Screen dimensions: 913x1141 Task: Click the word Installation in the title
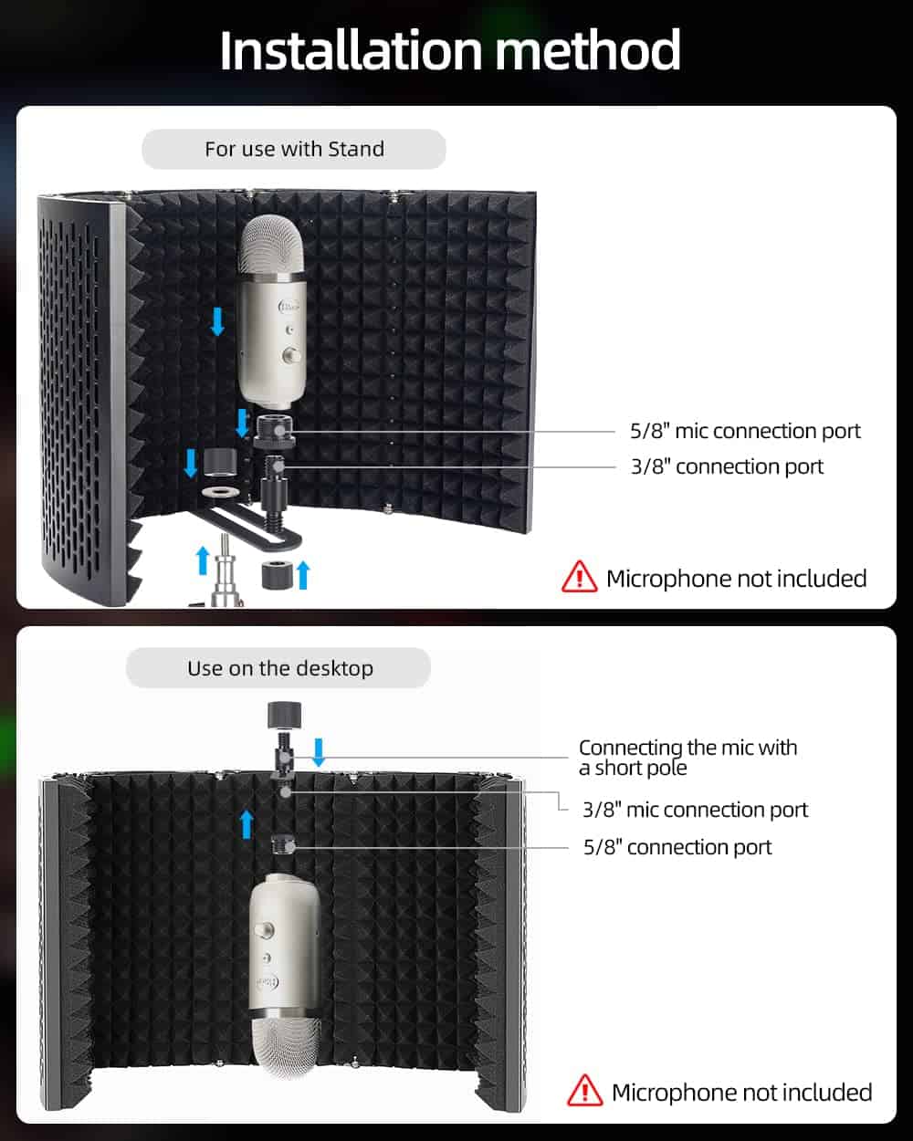click(351, 50)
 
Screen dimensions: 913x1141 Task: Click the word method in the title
click(588, 50)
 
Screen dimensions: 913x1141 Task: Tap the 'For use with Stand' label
click(294, 149)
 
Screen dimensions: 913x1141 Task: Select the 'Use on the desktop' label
click(280, 668)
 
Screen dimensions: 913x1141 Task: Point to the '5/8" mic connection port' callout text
click(745, 431)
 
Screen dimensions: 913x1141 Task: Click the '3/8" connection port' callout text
click(727, 466)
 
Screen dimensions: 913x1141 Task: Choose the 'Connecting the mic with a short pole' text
click(687, 758)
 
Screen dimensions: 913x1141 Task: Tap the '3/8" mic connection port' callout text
click(695, 810)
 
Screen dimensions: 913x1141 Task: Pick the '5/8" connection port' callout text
click(677, 847)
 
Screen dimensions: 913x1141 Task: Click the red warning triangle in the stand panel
click(580, 577)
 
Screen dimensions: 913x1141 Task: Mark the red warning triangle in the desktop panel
click(584, 1091)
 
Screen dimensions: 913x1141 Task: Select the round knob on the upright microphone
click(290, 354)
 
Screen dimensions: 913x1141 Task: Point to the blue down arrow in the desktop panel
click(319, 752)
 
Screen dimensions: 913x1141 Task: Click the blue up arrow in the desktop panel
click(247, 824)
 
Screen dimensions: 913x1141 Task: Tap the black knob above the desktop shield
click(284, 714)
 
